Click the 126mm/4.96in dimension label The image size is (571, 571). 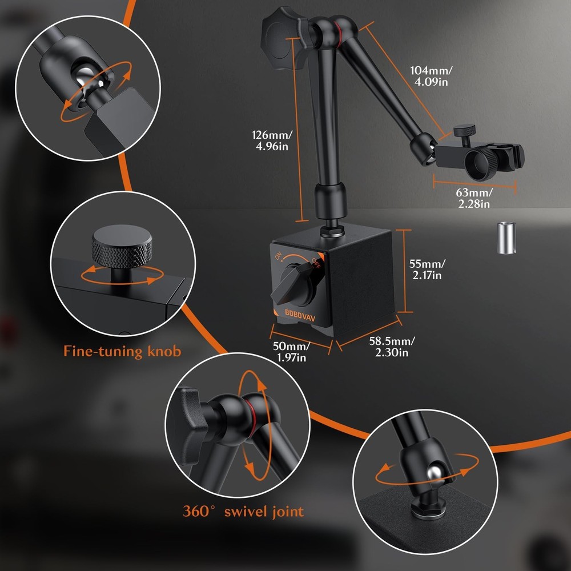[272, 140]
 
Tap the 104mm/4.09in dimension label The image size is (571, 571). [431, 76]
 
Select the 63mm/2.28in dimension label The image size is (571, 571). [474, 198]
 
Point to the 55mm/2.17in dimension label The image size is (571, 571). [427, 270]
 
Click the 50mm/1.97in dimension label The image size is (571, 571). [291, 351]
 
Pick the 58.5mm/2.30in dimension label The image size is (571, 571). [392, 347]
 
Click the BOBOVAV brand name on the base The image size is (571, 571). [300, 315]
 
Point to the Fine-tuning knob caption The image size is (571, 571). [122, 351]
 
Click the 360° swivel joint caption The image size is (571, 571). [243, 511]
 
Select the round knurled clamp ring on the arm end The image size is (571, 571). [481, 163]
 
